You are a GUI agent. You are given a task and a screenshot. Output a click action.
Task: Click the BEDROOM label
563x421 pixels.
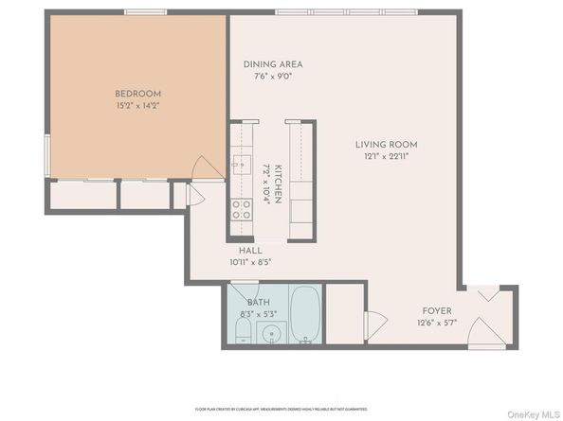click(137, 94)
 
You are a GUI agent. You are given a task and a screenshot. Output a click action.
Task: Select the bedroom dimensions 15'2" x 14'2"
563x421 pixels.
click(137, 105)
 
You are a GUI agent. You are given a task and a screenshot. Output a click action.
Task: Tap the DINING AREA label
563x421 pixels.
click(272, 64)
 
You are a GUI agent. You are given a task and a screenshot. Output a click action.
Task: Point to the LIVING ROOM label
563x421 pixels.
click(386, 145)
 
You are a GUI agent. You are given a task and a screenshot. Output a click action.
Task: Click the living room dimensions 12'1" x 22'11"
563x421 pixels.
click(386, 156)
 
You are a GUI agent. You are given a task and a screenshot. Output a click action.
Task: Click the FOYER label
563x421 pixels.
click(437, 310)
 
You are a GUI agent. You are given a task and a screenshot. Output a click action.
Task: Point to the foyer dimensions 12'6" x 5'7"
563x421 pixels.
click(437, 322)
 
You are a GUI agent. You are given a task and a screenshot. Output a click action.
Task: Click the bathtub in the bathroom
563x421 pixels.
click(304, 315)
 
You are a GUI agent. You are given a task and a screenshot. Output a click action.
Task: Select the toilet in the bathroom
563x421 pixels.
click(242, 331)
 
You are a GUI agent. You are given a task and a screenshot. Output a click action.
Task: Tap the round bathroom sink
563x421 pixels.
click(272, 333)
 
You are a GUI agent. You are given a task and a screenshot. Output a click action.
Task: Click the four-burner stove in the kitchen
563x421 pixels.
click(242, 209)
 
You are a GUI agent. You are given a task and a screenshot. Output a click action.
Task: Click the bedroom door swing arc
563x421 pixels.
click(202, 167)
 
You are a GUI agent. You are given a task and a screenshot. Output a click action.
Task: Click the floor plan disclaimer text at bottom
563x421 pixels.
click(281, 409)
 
